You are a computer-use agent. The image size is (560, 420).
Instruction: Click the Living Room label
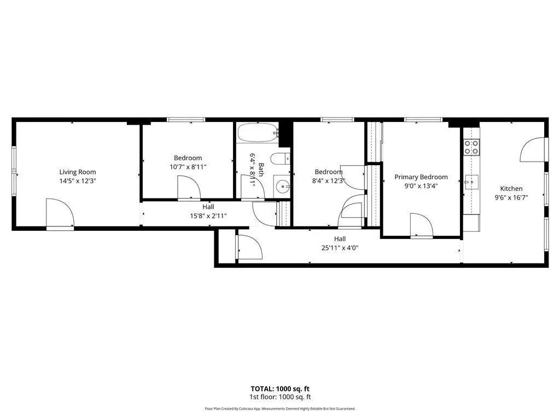(78, 172)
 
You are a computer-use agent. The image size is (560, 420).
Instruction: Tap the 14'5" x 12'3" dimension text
(78, 180)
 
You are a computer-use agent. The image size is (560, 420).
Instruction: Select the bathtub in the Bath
(258, 133)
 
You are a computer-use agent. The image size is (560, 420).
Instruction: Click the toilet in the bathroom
(280, 158)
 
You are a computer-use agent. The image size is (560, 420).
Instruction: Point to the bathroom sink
(282, 186)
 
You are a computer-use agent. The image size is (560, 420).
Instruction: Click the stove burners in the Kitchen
(471, 148)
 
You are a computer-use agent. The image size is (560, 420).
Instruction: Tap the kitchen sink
(471, 183)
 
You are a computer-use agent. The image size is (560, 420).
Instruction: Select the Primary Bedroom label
(421, 177)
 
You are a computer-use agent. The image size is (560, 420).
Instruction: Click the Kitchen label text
(511, 189)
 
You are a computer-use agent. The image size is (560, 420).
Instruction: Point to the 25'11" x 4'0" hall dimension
(340, 248)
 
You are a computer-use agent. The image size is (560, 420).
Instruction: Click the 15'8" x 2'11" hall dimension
(208, 215)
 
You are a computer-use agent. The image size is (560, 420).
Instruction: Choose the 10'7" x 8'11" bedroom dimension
(188, 167)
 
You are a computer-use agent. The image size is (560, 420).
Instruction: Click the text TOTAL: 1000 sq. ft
(280, 389)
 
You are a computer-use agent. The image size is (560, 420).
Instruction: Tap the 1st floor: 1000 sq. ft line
(280, 397)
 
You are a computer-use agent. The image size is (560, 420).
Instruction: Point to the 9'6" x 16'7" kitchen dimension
(511, 197)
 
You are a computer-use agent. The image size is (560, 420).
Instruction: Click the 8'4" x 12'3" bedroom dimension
(328, 180)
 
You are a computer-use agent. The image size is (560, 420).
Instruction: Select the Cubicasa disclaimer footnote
(280, 409)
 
